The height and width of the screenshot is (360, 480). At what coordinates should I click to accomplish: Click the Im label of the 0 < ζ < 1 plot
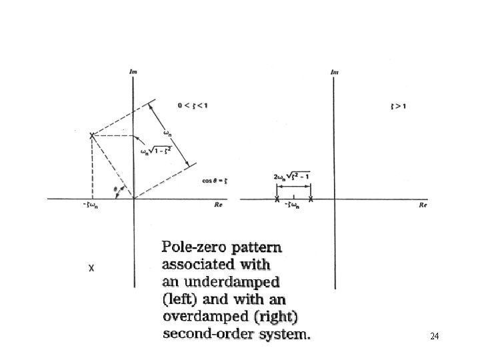pos(134,71)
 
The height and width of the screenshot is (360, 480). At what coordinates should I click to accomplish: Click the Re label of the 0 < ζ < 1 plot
pos(218,206)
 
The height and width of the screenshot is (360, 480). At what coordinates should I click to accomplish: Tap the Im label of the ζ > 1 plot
pos(335,71)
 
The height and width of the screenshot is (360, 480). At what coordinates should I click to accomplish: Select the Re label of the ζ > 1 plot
pos(423,206)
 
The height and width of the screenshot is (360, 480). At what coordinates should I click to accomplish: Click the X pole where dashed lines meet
pos(92,135)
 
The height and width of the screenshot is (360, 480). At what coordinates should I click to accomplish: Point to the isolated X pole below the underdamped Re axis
pos(91,269)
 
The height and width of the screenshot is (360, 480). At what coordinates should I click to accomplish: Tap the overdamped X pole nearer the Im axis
pos(311,199)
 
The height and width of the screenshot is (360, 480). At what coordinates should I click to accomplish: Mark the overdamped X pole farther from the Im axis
pos(277,199)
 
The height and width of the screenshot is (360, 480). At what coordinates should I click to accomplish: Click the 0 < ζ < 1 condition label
pos(192,105)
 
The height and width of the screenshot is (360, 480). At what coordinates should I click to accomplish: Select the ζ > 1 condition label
pos(399,105)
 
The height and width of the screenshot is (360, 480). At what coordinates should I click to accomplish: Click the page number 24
pos(434,337)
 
